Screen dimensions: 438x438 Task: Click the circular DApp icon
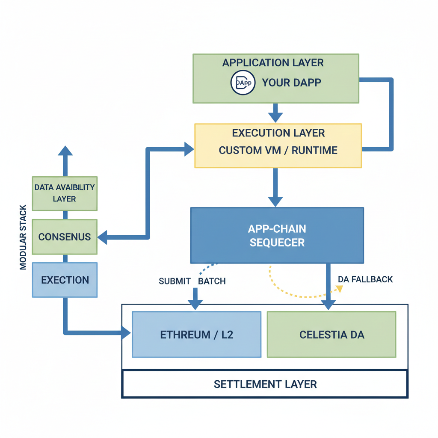(x=243, y=83)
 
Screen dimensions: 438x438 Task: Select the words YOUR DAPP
(x=291, y=83)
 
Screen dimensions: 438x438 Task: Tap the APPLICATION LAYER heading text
(x=273, y=63)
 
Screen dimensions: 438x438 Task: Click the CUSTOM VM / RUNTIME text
(x=278, y=151)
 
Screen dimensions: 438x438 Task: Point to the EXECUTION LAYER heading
(x=278, y=133)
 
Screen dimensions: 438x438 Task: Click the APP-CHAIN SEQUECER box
(x=277, y=235)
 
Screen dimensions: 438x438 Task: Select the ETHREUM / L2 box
(x=197, y=334)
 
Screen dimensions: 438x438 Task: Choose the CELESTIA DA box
(x=331, y=334)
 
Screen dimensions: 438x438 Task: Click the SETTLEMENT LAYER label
(x=265, y=384)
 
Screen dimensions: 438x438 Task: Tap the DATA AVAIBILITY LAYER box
(x=65, y=193)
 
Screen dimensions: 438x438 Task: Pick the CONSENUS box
(x=65, y=237)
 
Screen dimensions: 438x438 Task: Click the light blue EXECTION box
(x=65, y=280)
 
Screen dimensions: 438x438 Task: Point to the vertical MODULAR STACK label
(x=23, y=237)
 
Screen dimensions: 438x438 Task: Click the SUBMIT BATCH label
(x=192, y=281)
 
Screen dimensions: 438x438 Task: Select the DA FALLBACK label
(x=365, y=280)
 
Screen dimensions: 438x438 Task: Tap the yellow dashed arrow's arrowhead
(x=340, y=289)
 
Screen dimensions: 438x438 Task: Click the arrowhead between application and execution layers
(x=275, y=117)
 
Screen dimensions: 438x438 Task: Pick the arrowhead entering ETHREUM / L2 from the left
(x=126, y=332)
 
